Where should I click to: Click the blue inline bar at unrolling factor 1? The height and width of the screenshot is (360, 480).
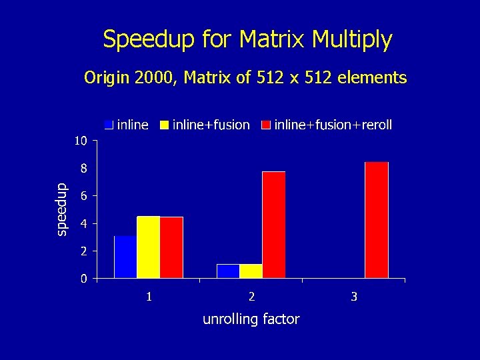click(125, 257)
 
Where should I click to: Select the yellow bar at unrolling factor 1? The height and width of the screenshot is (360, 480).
click(148, 247)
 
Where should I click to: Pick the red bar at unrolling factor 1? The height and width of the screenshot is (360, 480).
click(171, 247)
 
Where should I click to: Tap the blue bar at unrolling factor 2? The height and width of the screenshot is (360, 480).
click(228, 271)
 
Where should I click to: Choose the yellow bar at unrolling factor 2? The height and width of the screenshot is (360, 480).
click(251, 271)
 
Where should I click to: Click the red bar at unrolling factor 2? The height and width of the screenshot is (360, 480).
click(274, 225)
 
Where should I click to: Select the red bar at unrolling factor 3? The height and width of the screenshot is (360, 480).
click(377, 220)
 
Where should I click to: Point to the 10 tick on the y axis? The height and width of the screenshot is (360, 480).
click(80, 141)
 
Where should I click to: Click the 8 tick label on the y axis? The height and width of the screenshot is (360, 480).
click(83, 169)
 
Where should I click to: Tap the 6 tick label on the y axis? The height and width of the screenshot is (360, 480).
click(83, 196)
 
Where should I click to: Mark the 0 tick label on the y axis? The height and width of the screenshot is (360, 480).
click(83, 279)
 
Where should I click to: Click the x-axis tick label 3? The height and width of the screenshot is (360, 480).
click(354, 296)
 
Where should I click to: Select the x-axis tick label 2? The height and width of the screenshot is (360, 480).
click(251, 296)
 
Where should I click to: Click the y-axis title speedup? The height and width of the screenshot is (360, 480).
click(61, 209)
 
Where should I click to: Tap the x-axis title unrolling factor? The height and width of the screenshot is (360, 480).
click(251, 319)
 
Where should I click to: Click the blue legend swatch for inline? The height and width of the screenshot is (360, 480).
click(109, 125)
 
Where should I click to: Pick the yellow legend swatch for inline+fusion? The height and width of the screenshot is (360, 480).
click(163, 125)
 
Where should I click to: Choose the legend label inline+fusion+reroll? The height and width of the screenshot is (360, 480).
click(333, 125)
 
